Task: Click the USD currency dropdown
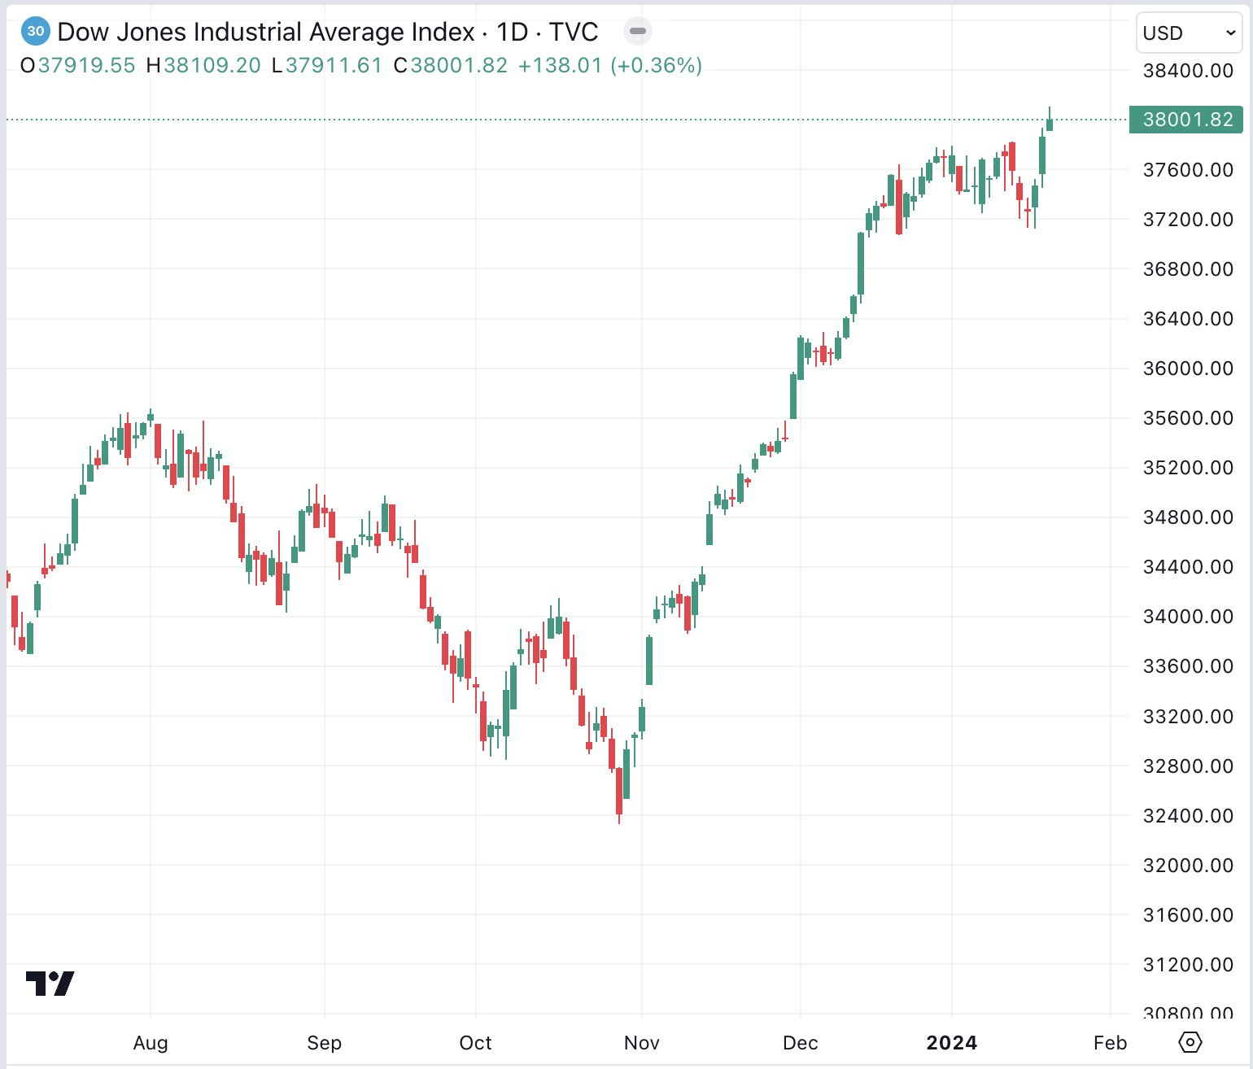coord(1188,33)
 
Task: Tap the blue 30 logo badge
coord(35,32)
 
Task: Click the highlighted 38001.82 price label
coord(1186,120)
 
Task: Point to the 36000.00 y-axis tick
coord(1188,368)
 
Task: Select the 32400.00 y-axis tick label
coord(1188,815)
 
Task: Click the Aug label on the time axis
coord(151,1042)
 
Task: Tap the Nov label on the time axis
coord(641,1042)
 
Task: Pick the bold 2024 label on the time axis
coord(951,1042)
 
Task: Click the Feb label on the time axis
coord(1110,1042)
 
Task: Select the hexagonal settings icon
coord(1190,1041)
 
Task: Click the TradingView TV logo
coord(50,984)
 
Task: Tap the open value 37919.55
coord(86,65)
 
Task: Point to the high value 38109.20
coord(212,65)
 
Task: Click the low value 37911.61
coord(334,65)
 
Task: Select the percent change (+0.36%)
coord(656,65)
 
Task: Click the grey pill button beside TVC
coord(638,32)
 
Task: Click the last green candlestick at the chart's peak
coord(1050,124)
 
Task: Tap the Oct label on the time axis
coord(475,1042)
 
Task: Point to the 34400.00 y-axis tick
coord(1188,566)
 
